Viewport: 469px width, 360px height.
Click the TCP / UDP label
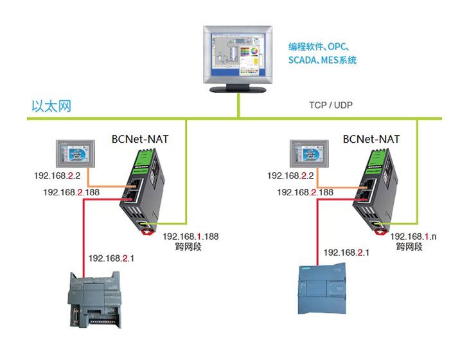pos(331,105)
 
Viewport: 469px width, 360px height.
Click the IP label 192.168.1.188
pos(191,237)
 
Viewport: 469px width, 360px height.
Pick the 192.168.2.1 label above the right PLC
pos(347,253)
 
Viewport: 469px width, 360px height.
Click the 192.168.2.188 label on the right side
pos(305,192)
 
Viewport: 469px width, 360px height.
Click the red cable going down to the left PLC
pos(84,238)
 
